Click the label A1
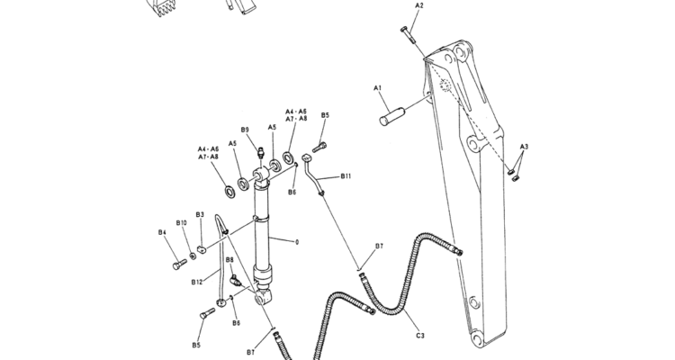tap(379, 88)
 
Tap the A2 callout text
tap(418, 5)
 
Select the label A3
tap(524, 146)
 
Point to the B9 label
tap(245, 130)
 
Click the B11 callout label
tap(346, 176)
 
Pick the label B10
tap(181, 222)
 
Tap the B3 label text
tap(200, 215)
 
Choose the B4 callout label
tap(163, 233)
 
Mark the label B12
tap(196, 282)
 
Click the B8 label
tap(230, 260)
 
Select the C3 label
tap(419, 336)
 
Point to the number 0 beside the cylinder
tap(296, 241)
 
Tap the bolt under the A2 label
tap(407, 35)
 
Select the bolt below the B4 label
tap(180, 264)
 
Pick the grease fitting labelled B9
tap(259, 152)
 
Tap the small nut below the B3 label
tap(202, 249)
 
